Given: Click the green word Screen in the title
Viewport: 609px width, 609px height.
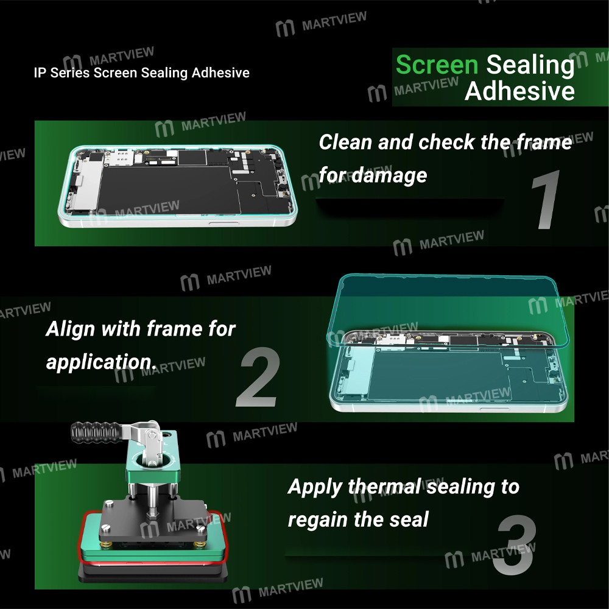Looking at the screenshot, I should tap(437, 65).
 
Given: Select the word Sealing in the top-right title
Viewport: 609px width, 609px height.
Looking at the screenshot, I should tap(530, 65).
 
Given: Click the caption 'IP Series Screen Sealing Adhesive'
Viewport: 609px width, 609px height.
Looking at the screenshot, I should tap(141, 73).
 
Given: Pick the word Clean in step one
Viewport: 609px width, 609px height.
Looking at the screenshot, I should tap(345, 143).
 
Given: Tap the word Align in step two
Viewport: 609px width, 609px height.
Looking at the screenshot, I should tap(71, 329).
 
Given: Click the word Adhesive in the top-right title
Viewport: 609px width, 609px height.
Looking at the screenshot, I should tap(519, 91).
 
